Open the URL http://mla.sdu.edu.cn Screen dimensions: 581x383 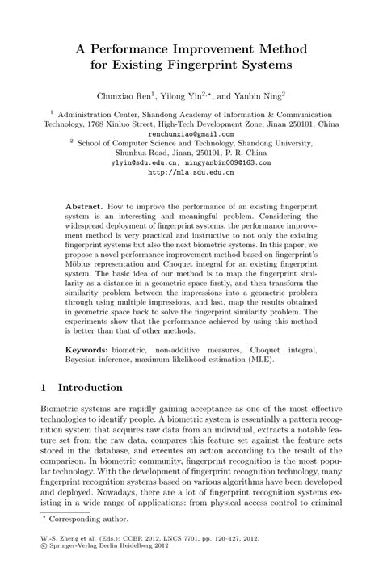tap(191, 172)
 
